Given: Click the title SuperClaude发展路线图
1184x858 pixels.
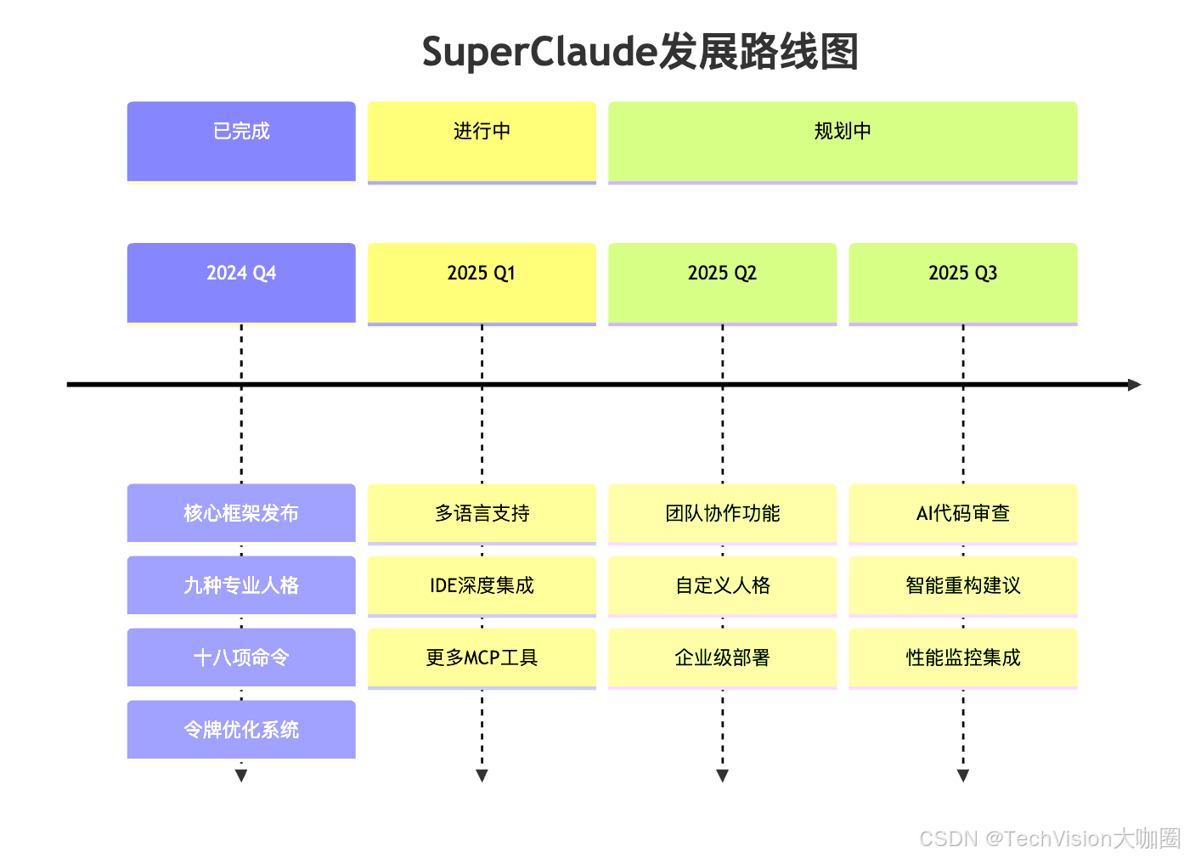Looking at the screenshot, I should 640,53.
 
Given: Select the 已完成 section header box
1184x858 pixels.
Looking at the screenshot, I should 241,141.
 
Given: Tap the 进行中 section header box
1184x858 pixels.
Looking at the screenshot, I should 482,141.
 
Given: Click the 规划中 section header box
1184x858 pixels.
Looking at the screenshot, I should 843,141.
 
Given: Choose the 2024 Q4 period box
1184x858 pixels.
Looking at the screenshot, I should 241,282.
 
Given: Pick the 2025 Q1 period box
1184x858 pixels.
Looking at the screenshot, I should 482,282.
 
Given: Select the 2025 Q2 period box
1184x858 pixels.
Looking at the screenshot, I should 722,282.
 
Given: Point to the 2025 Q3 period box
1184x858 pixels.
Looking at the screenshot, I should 962,282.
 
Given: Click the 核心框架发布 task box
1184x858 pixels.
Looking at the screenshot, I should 241,513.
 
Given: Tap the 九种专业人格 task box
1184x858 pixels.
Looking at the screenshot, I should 241,585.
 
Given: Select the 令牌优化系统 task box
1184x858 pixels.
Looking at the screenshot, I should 241,730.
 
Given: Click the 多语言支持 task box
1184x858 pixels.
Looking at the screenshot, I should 482,513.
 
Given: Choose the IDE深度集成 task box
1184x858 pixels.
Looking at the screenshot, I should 482,585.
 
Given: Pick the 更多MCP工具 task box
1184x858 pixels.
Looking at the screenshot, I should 482,658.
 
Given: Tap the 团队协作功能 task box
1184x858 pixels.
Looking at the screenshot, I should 722,513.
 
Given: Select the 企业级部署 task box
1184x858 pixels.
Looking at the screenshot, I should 722,658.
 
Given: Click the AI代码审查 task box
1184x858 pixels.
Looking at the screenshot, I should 962,513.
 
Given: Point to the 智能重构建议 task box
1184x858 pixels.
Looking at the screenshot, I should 962,585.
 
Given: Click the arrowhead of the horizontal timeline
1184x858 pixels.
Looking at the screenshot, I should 1135,385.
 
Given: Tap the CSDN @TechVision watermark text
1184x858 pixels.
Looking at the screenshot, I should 1049,838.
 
